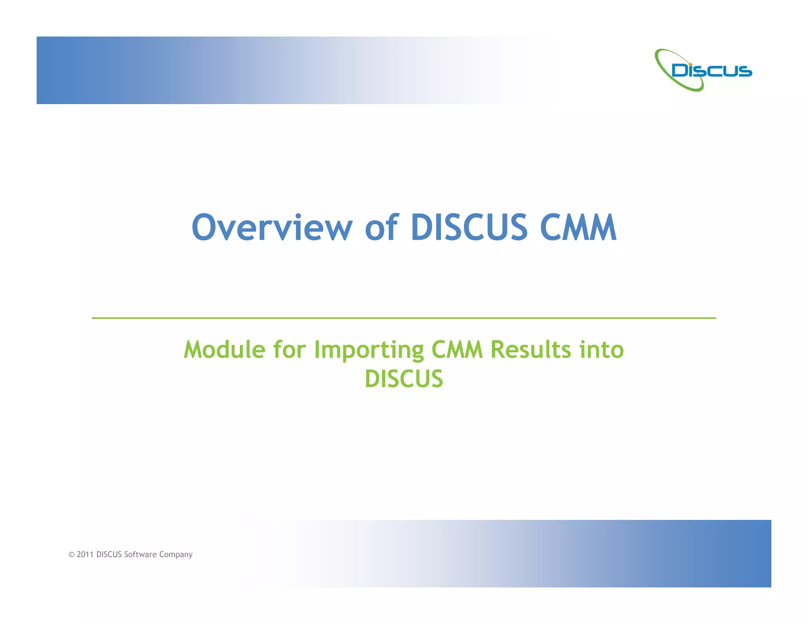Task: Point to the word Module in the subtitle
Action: [224, 350]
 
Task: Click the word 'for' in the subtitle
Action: [290, 350]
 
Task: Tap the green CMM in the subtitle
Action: [457, 350]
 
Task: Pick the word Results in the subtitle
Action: [531, 350]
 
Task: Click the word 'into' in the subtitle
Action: [602, 350]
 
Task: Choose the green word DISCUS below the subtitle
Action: [404, 379]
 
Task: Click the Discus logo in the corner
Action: [703, 70]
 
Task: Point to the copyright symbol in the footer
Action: [71, 555]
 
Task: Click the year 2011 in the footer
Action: [85, 555]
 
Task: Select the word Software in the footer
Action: [140, 555]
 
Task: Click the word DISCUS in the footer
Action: [109, 555]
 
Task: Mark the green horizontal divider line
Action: [404, 318]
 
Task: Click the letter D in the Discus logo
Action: [680, 71]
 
